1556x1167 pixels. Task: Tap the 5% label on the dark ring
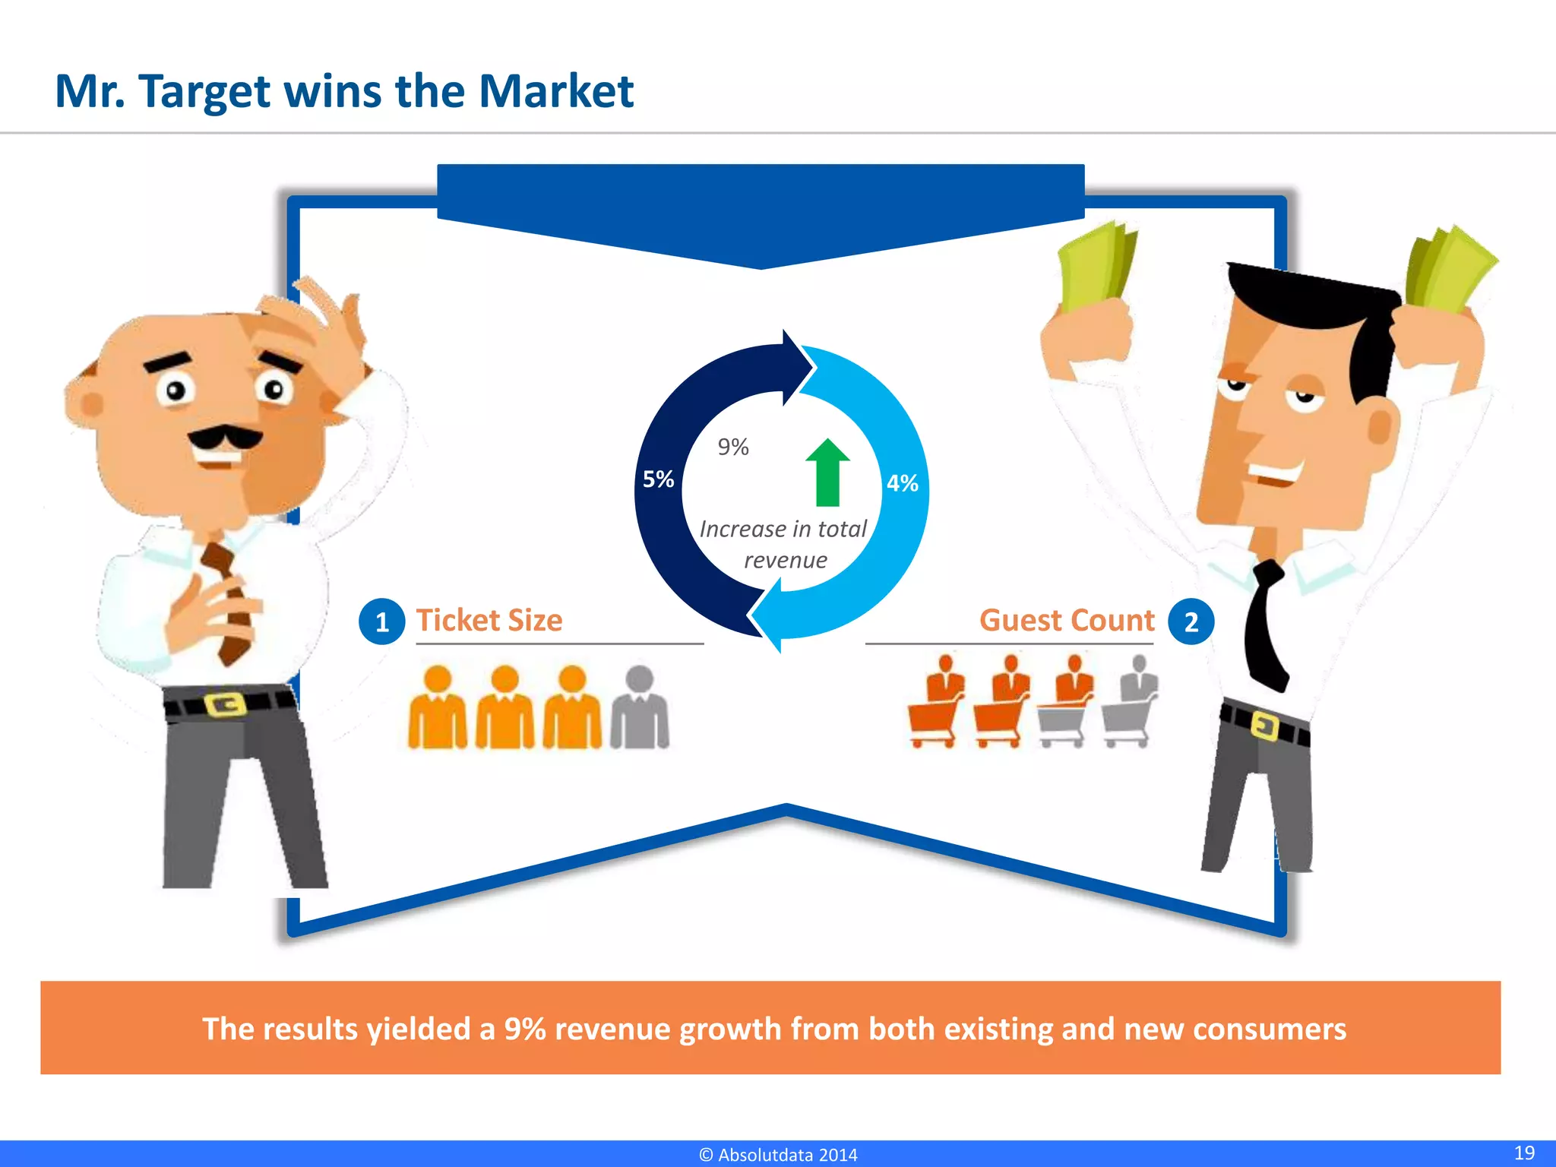tap(658, 479)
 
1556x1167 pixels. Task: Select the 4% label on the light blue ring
tap(903, 483)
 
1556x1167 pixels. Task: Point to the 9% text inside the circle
tap(733, 447)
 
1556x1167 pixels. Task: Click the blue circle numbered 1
tap(381, 621)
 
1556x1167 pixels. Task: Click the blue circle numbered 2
tap(1191, 621)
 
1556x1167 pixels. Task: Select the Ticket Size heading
tap(489, 620)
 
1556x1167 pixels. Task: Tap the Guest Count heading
tap(1067, 620)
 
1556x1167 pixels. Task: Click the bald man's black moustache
tap(224, 438)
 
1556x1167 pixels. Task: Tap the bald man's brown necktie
tap(228, 600)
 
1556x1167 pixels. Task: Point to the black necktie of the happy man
tap(1265, 623)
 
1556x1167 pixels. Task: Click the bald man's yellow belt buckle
tap(226, 704)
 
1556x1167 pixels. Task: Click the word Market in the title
tap(556, 91)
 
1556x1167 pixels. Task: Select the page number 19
tap(1524, 1153)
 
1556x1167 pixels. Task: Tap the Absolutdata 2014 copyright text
tap(778, 1155)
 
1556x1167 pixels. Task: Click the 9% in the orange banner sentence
tap(525, 1029)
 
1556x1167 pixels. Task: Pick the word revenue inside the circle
tap(786, 561)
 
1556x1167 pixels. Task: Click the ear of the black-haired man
tap(1381, 425)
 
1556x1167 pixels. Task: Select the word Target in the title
tap(204, 93)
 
